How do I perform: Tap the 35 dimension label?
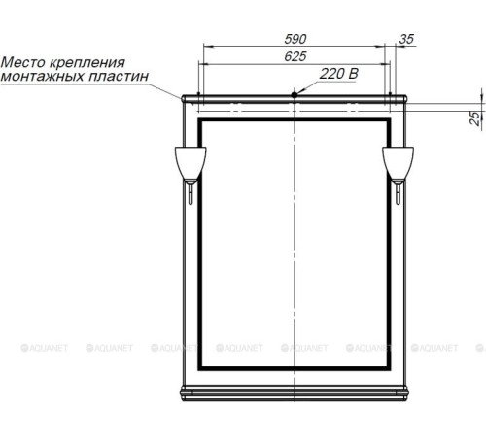click(406, 38)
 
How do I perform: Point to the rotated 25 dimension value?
click(473, 118)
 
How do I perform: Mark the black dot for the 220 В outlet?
click(295, 94)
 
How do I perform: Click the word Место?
click(20, 61)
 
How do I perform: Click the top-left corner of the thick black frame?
click(200, 120)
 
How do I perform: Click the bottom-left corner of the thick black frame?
click(200, 370)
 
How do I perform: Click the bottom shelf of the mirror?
click(295, 392)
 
